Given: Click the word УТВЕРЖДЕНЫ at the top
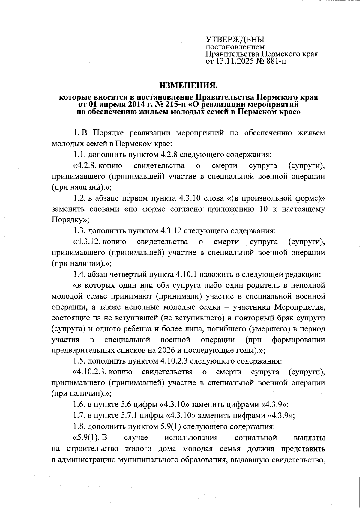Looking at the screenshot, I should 235,40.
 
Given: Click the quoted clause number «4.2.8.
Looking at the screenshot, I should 85,165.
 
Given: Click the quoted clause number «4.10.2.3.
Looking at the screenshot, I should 91,372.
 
